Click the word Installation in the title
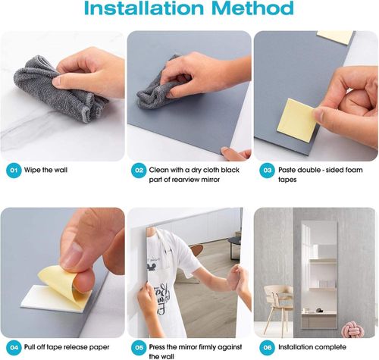click(143, 8)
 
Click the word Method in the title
click(252, 8)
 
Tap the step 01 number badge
click(14, 171)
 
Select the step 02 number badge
click(139, 171)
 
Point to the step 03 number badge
click(267, 171)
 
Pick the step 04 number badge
click(14, 348)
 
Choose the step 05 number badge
click(139, 348)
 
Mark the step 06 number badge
click(267, 348)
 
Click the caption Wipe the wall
click(45, 170)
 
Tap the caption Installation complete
click(312, 347)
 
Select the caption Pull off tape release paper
click(67, 347)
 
